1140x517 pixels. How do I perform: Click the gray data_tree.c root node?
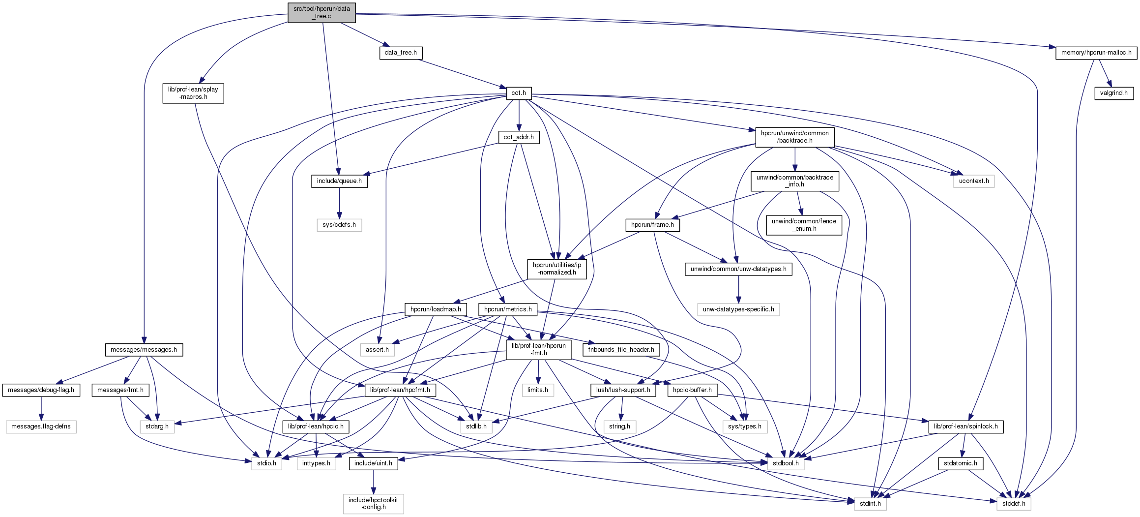pos(322,12)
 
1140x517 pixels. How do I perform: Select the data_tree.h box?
pos(401,53)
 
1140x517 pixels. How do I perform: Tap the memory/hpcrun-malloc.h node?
pos(1096,53)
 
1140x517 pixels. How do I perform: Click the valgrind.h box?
pos(1113,93)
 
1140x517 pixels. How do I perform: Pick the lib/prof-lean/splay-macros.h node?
pos(193,93)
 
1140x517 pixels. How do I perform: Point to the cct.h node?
pos(519,93)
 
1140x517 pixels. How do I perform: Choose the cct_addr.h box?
pos(519,137)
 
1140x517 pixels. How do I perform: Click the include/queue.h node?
pos(339,181)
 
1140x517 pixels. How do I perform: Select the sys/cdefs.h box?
pos(339,225)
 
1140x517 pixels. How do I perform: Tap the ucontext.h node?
pos(973,181)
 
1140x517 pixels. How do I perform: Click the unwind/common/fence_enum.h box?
pos(804,225)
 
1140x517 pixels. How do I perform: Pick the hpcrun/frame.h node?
pos(652,225)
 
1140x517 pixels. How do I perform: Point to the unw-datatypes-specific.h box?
pos(738,309)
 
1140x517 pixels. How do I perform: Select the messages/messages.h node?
pos(144,350)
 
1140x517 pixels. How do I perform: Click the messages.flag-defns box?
pos(41,426)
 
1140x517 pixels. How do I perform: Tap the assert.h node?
pos(377,350)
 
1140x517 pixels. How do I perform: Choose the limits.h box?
pos(538,390)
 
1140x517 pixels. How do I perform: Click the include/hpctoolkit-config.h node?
pos(373,504)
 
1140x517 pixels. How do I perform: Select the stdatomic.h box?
pos(960,463)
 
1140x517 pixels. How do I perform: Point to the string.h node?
pos(619,426)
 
